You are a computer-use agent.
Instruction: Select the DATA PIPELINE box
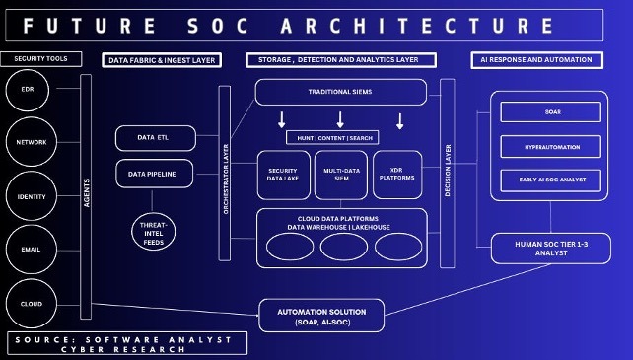(x=153, y=174)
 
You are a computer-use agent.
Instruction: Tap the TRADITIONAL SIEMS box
(x=340, y=92)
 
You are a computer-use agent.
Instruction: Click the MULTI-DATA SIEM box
(x=340, y=176)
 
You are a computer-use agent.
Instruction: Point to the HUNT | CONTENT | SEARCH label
(x=340, y=137)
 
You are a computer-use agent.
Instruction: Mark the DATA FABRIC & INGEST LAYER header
(x=162, y=60)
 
